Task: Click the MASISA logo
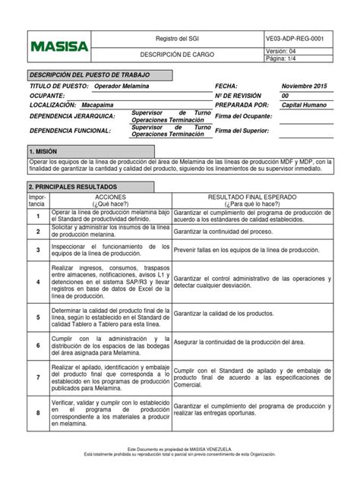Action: [59, 46]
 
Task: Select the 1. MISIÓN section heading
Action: [49, 153]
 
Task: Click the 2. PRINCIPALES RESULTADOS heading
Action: [74, 186]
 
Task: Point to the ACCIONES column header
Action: [110, 197]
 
